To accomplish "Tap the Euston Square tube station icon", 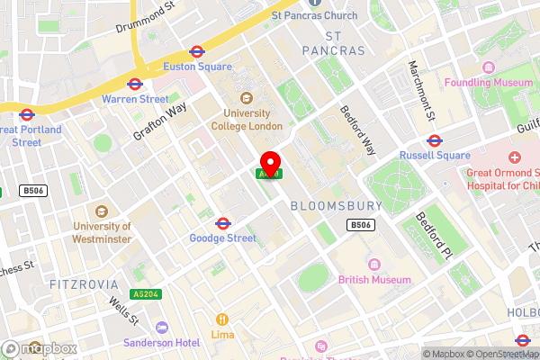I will pyautogui.click(x=196, y=52).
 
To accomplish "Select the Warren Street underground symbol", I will pyautogui.click(x=135, y=84).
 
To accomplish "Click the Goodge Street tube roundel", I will pyautogui.click(x=222, y=222).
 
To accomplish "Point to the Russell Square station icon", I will pyautogui.click(x=435, y=139).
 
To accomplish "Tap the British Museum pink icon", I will pyautogui.click(x=374, y=265).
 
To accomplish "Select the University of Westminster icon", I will pyautogui.click(x=102, y=210).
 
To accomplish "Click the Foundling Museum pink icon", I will pyautogui.click(x=489, y=67).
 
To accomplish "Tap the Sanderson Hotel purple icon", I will pyautogui.click(x=162, y=328).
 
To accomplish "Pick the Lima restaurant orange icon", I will pyautogui.click(x=221, y=319).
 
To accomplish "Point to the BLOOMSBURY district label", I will pyautogui.click(x=337, y=206).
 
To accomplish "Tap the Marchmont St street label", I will pyautogui.click(x=422, y=91).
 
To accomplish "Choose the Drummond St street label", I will pyautogui.click(x=145, y=16).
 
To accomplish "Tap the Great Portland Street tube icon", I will pyautogui.click(x=26, y=114).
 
